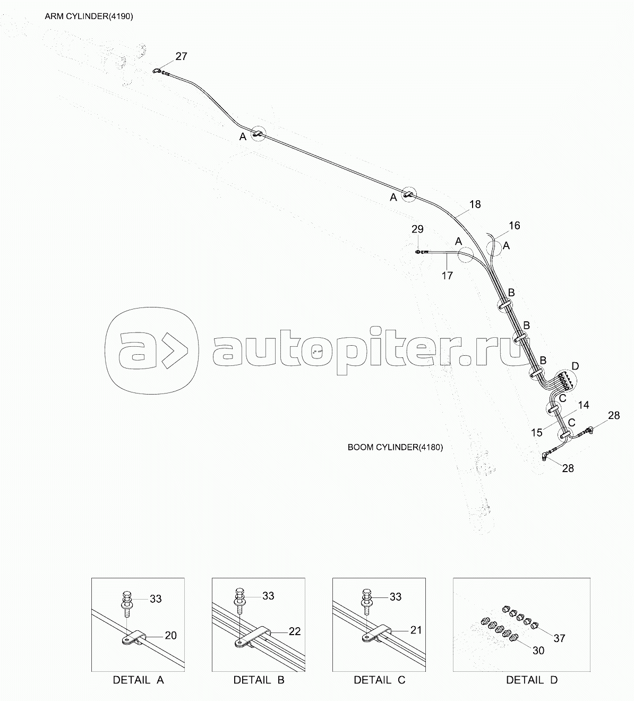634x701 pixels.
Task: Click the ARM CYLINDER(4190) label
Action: click(x=89, y=16)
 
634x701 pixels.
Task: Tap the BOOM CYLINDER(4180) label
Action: click(x=395, y=447)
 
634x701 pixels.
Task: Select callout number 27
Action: click(x=181, y=56)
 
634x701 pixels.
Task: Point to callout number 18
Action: click(x=475, y=204)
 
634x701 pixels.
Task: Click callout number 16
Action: click(x=514, y=226)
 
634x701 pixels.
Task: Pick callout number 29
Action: click(x=417, y=229)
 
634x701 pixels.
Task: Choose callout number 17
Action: click(x=447, y=275)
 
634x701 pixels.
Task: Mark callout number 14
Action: click(x=583, y=405)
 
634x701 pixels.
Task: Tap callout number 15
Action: click(x=537, y=433)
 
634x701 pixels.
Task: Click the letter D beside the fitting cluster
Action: click(x=575, y=366)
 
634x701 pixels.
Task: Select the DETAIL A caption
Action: click(x=138, y=680)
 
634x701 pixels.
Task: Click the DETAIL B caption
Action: click(x=259, y=680)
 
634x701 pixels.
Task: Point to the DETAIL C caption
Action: click(x=379, y=680)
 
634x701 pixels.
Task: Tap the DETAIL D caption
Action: click(x=532, y=680)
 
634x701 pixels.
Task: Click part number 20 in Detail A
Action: click(x=170, y=635)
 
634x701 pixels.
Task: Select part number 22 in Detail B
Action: click(x=294, y=631)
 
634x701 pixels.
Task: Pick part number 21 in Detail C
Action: click(x=416, y=630)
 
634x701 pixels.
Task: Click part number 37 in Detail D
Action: click(x=559, y=638)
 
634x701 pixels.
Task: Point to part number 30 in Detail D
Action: click(x=538, y=650)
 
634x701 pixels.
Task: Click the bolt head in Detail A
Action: click(x=127, y=595)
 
